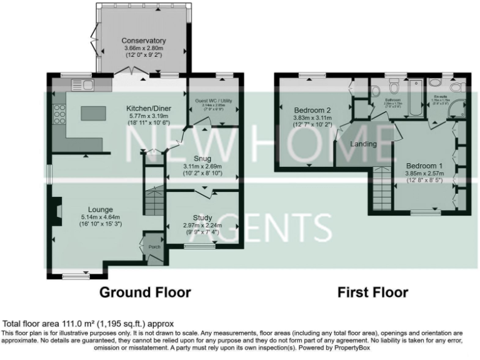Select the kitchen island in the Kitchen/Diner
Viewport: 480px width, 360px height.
click(x=94, y=112)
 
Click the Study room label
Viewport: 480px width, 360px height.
click(x=202, y=217)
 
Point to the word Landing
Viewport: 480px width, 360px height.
click(x=363, y=144)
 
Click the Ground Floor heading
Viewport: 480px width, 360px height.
click(x=146, y=292)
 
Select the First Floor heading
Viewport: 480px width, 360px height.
click(x=372, y=292)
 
